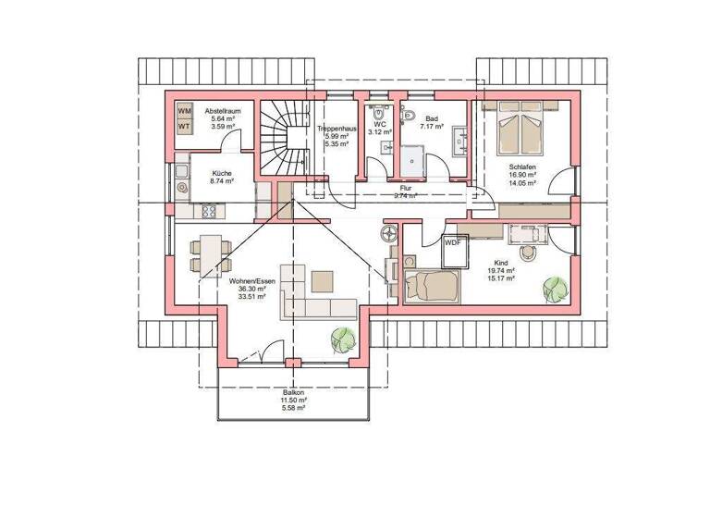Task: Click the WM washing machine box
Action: pos(184,111)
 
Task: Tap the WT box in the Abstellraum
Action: pos(184,127)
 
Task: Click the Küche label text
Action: pos(222,174)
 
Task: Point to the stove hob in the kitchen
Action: pos(209,211)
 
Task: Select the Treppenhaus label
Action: pos(334,129)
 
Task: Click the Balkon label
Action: pos(294,392)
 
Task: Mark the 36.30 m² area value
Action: pos(251,290)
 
